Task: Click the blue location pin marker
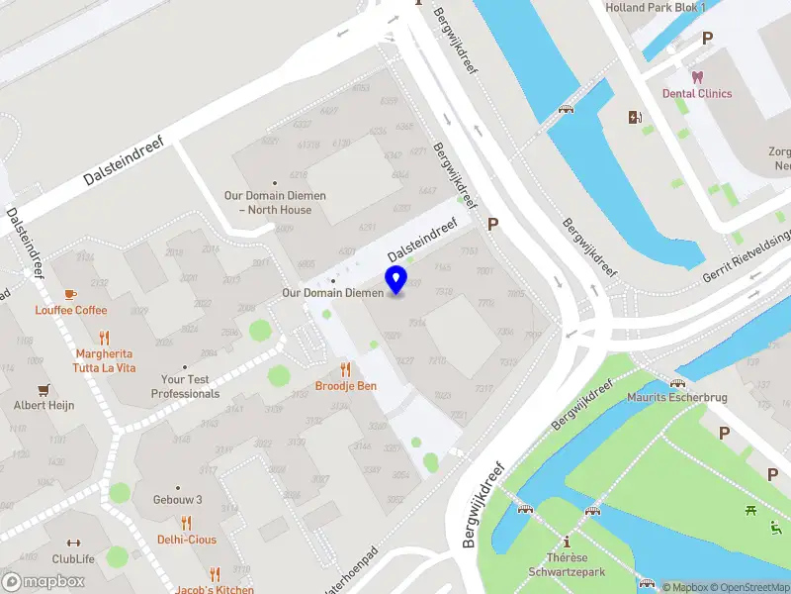(396, 280)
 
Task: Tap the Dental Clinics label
(697, 93)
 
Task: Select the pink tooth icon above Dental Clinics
(697, 76)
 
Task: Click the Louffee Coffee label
(71, 310)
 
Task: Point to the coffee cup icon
(70, 294)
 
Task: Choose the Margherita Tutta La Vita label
(105, 360)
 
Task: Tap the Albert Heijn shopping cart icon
(44, 389)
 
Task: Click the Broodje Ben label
(345, 386)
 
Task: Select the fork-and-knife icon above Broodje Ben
(345, 369)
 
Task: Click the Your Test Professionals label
(185, 386)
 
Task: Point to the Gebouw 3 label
(178, 500)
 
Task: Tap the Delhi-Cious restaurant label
(186, 540)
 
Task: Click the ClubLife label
(73, 559)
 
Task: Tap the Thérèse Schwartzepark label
(568, 564)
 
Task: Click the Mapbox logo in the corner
(44, 581)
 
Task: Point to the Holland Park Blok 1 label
(655, 8)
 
